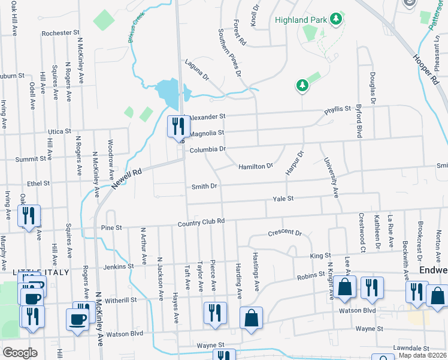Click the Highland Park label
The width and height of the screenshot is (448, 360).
pyautogui.click(x=301, y=20)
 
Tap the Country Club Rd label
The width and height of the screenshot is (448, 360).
pyautogui.click(x=201, y=221)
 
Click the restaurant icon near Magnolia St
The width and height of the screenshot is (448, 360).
pyautogui.click(x=177, y=126)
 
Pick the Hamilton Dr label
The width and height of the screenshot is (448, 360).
pyautogui.click(x=256, y=166)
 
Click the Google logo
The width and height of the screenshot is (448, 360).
pyautogui.click(x=20, y=352)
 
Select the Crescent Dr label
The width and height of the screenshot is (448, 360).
pyautogui.click(x=285, y=232)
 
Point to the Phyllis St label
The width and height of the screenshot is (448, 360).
pyautogui.click(x=337, y=109)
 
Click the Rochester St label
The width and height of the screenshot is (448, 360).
pyautogui.click(x=60, y=32)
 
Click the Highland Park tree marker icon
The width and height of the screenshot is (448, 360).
pyautogui.click(x=337, y=19)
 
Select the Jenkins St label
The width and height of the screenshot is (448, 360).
pyautogui.click(x=118, y=266)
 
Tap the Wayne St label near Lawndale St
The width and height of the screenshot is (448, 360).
pyautogui.click(x=369, y=329)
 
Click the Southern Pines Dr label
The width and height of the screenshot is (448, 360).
pyautogui.click(x=229, y=53)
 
